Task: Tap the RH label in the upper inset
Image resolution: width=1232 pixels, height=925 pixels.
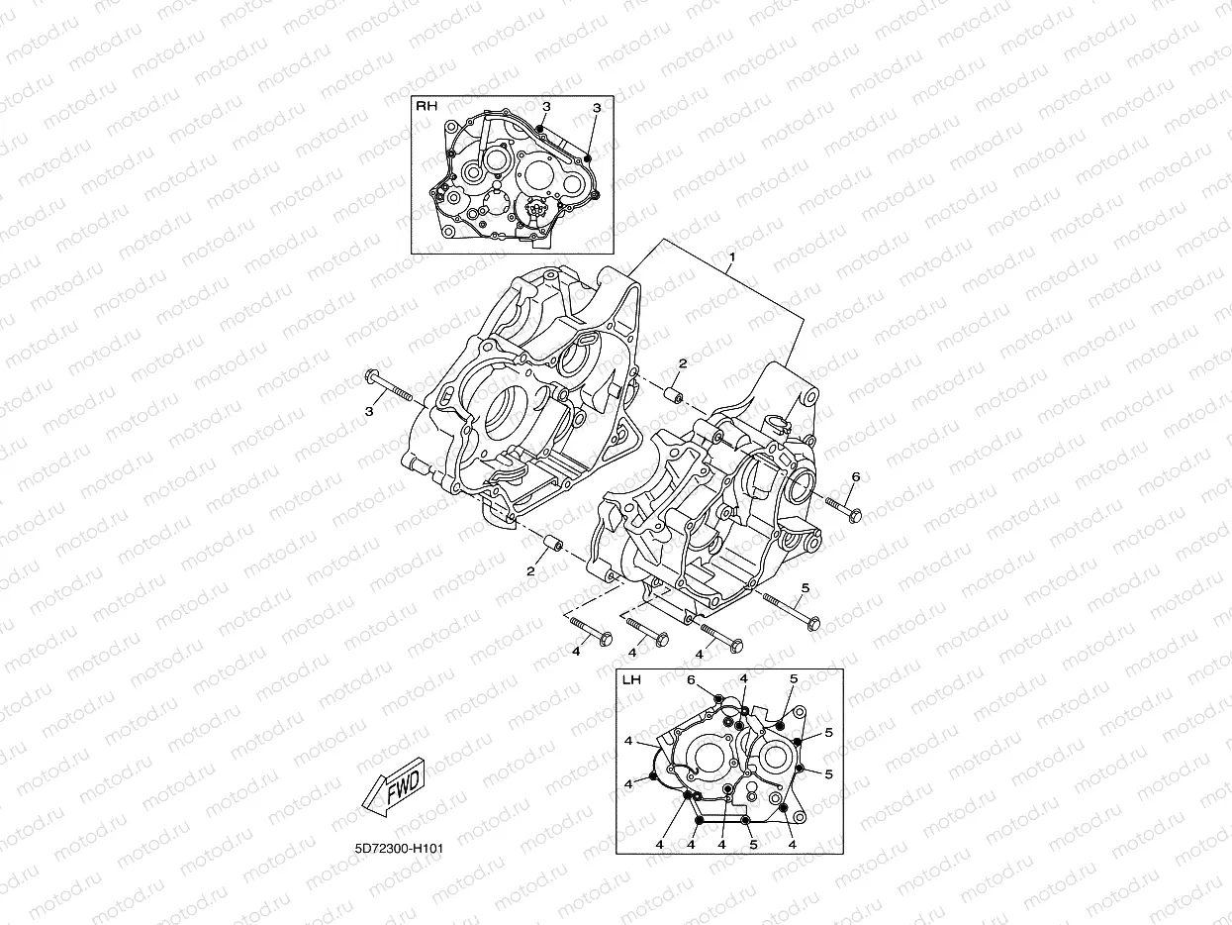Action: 426,105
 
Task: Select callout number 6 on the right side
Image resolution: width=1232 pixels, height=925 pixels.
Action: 855,477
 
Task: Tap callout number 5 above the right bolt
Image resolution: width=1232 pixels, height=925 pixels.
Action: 805,587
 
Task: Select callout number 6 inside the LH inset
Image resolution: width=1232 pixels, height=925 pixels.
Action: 692,680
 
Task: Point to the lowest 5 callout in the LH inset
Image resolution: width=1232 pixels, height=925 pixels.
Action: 753,845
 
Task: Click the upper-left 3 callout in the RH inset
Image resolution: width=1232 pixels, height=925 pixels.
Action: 545,106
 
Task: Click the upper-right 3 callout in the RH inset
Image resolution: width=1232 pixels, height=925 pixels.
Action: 597,107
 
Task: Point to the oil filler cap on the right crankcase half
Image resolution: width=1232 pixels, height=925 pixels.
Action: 778,426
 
